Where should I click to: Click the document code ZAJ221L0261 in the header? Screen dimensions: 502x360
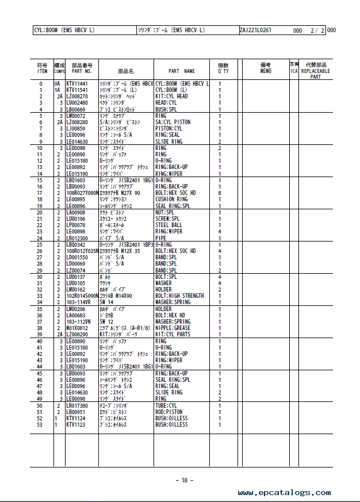click(255, 30)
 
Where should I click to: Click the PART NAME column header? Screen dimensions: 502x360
click(182, 71)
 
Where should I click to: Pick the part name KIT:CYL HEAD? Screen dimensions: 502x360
click(171, 97)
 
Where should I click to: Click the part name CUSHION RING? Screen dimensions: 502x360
click(171, 200)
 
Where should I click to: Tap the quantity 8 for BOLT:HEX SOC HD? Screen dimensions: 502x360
click(220, 193)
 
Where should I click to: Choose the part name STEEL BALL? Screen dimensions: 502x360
click(169, 225)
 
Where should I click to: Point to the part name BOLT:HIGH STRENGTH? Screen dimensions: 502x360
click(179, 296)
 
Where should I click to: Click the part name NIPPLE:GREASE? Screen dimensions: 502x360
click(173, 328)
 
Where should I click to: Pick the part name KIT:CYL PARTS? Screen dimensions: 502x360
click(173, 335)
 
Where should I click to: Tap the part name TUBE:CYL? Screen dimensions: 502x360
click(166, 406)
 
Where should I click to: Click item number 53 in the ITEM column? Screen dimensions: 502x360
click(40, 425)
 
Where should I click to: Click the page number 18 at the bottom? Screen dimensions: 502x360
click(184, 480)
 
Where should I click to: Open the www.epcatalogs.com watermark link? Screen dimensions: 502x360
click(284, 493)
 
